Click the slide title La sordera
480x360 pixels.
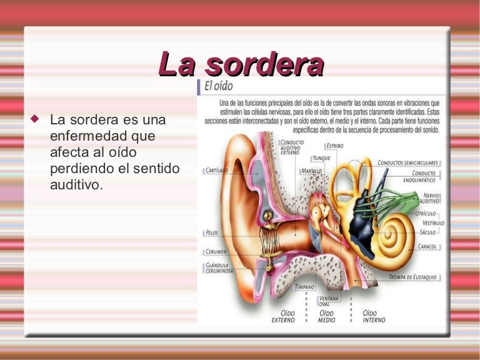[x=241, y=64]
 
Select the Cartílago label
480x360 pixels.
[x=217, y=170]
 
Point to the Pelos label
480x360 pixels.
[x=211, y=232]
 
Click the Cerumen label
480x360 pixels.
[x=216, y=251]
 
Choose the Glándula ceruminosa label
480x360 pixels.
[x=219, y=268]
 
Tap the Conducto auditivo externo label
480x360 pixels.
[x=292, y=147]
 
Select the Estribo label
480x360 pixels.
[x=334, y=146]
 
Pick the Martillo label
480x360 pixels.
[x=311, y=171]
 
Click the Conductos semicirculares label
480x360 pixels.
[x=408, y=162]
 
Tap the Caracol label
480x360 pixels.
[x=427, y=246]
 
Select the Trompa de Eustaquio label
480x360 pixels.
[x=412, y=277]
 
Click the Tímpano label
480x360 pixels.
[x=304, y=287]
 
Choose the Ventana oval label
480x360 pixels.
[x=329, y=301]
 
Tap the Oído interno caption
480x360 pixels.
[x=374, y=316]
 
